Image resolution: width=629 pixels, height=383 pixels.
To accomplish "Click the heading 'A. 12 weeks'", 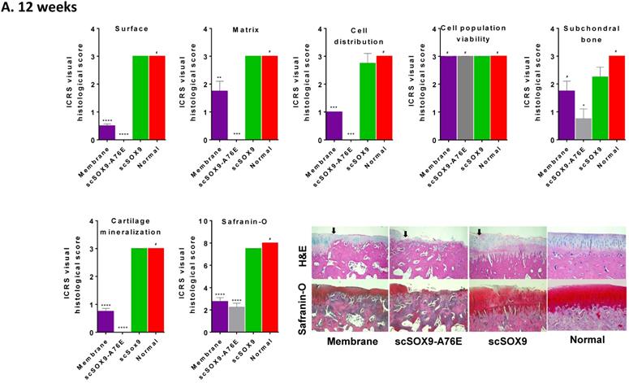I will tap(41, 8).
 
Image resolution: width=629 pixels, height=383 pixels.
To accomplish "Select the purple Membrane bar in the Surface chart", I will tap(106, 133).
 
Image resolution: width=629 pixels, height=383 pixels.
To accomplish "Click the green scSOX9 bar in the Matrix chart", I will tap(253, 98).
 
